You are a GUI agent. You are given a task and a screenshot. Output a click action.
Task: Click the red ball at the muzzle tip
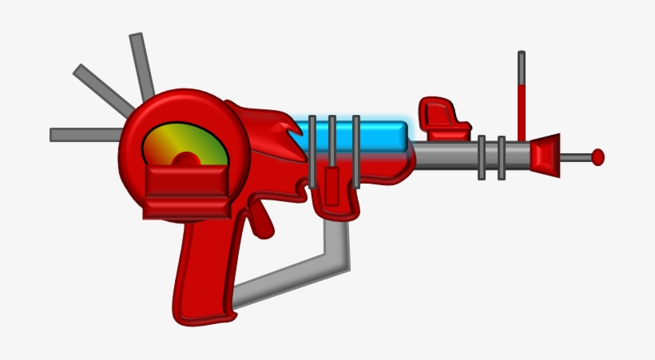(597, 157)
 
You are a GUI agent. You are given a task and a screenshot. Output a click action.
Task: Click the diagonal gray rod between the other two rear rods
(104, 89)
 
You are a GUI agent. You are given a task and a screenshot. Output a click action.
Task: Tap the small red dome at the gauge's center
(185, 159)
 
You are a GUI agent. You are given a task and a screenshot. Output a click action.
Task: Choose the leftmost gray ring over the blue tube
(312, 152)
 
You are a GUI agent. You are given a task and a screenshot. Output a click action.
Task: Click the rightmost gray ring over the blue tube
(355, 152)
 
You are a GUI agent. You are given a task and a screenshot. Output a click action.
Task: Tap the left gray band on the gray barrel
(482, 157)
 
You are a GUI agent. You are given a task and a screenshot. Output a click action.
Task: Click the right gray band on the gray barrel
(502, 157)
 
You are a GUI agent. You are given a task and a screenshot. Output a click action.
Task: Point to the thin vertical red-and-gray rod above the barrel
(522, 96)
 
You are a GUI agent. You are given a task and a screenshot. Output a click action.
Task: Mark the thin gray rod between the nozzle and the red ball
(575, 157)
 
